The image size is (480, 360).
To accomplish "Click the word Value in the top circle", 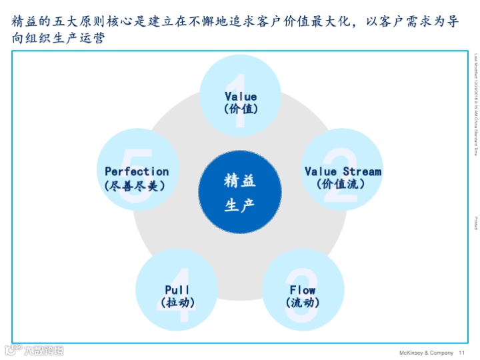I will (x=241, y=97).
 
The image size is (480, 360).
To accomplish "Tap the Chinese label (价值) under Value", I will (x=241, y=108).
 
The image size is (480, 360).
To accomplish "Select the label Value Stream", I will (x=343, y=171).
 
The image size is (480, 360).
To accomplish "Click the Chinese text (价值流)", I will (x=342, y=183).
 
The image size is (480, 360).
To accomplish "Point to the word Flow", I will (x=303, y=290).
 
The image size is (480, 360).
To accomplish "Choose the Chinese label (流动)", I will (x=303, y=302).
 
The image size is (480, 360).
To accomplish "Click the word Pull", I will (x=177, y=290).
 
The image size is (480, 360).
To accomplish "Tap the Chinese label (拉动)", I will (x=177, y=302).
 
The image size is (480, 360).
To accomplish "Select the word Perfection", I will (x=137, y=171).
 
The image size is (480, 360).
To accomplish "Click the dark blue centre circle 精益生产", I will (x=240, y=193).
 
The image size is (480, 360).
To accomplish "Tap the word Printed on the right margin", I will (x=476, y=223).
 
